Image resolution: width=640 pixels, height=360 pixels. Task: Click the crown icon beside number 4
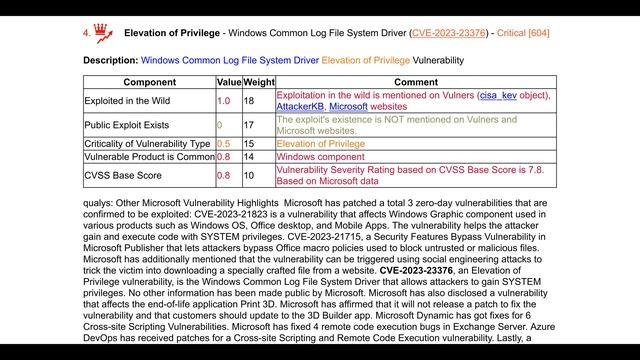click(x=102, y=31)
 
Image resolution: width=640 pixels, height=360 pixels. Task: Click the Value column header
click(x=229, y=81)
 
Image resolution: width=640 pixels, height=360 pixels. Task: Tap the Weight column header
click(x=259, y=81)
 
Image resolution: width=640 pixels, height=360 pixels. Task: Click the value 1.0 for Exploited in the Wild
click(x=223, y=101)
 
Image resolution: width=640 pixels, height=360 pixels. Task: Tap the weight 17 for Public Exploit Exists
click(x=249, y=125)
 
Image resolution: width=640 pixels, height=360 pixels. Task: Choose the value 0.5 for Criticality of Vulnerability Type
click(x=223, y=144)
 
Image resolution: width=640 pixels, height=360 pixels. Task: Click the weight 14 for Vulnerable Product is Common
click(x=249, y=157)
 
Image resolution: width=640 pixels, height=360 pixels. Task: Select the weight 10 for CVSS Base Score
click(x=249, y=175)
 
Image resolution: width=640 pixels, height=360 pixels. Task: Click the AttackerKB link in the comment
click(x=306, y=106)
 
